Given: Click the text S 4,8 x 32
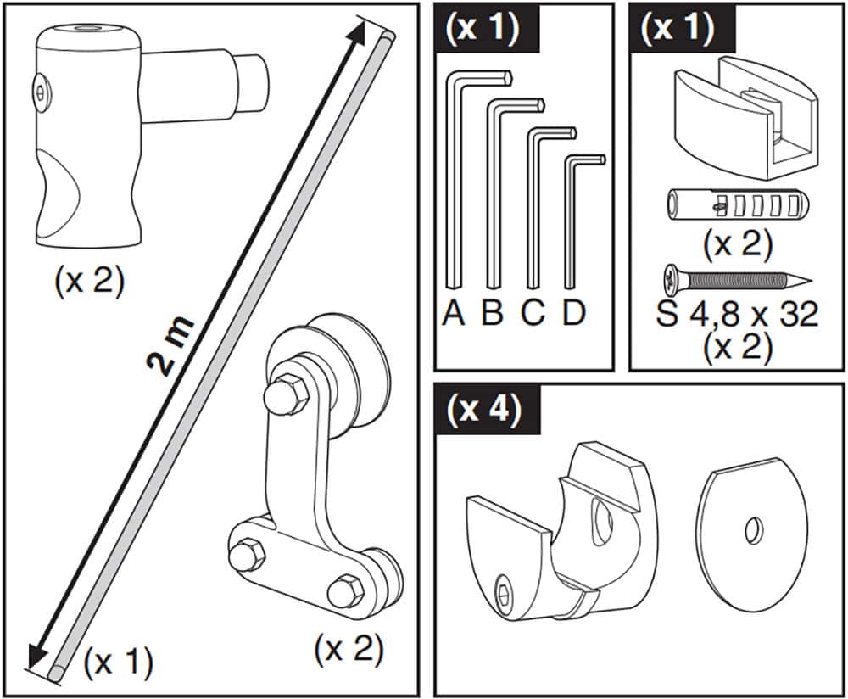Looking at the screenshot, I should coord(737,315).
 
